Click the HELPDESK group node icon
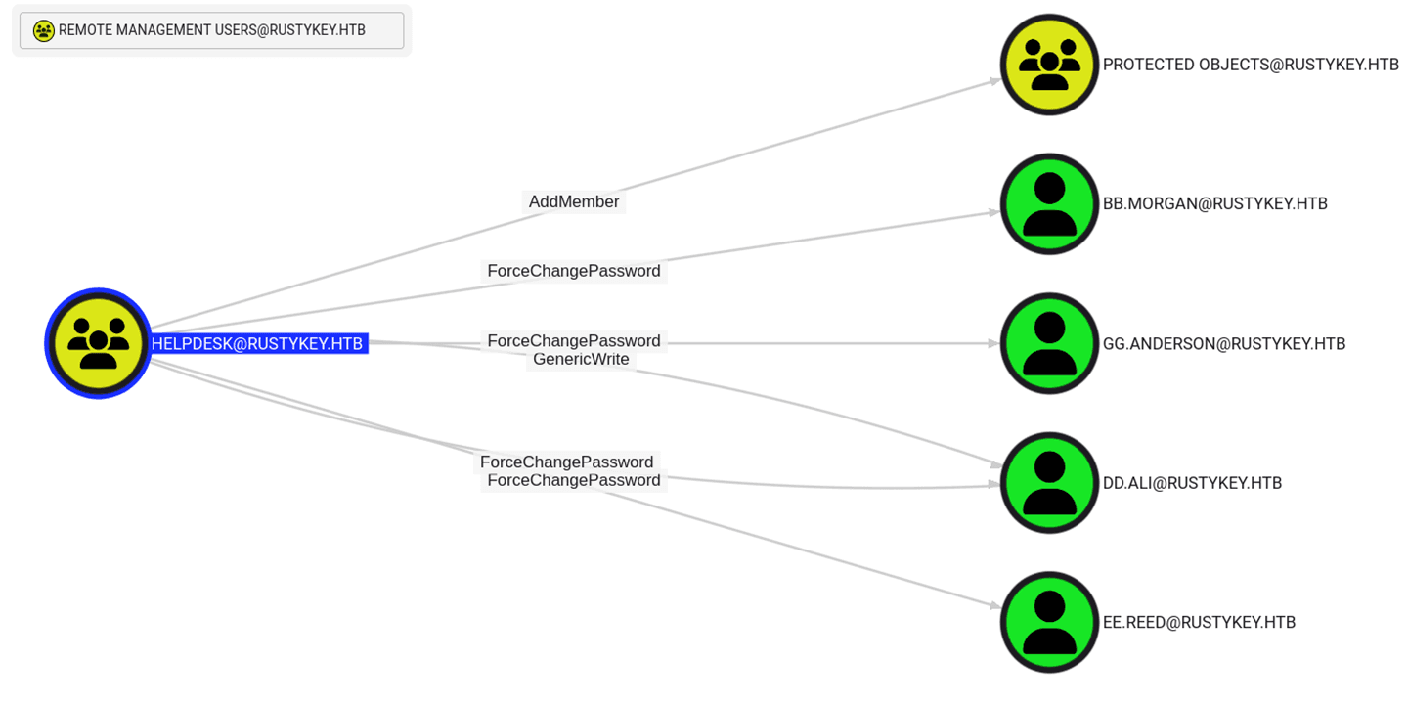click(x=98, y=343)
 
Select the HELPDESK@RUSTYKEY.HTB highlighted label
click(x=257, y=344)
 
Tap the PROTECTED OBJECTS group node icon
click(x=1049, y=65)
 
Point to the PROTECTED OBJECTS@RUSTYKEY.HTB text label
click(x=1251, y=65)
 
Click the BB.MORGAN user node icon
click(x=1049, y=204)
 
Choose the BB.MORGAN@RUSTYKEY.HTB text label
click(x=1214, y=204)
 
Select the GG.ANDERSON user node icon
click(x=1049, y=343)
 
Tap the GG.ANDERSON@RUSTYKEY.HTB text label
click(x=1224, y=344)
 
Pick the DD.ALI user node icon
click(x=1049, y=483)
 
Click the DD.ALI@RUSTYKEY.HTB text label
click(x=1192, y=483)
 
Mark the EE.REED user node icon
click(x=1049, y=622)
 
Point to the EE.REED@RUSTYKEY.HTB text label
click(x=1199, y=623)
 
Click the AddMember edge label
click(x=574, y=202)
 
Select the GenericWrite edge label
click(x=581, y=360)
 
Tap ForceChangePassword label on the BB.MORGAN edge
click(x=574, y=271)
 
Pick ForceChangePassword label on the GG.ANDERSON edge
click(x=574, y=341)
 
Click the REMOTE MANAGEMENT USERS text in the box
click(x=212, y=30)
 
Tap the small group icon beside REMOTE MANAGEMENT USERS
click(x=43, y=31)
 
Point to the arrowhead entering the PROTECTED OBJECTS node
click(x=994, y=80)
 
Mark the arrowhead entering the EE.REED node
click(x=994, y=607)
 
